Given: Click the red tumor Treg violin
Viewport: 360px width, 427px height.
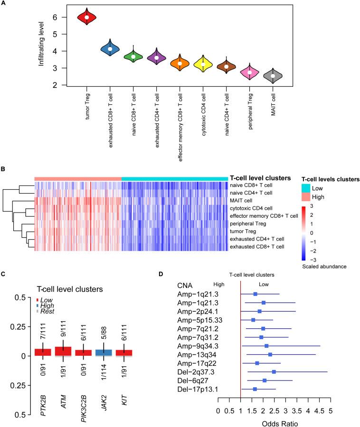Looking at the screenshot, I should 86,18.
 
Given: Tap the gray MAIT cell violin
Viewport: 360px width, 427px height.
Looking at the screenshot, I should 273,76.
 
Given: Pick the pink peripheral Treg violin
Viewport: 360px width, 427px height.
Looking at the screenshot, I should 249,73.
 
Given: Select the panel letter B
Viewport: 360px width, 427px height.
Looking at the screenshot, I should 4,169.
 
